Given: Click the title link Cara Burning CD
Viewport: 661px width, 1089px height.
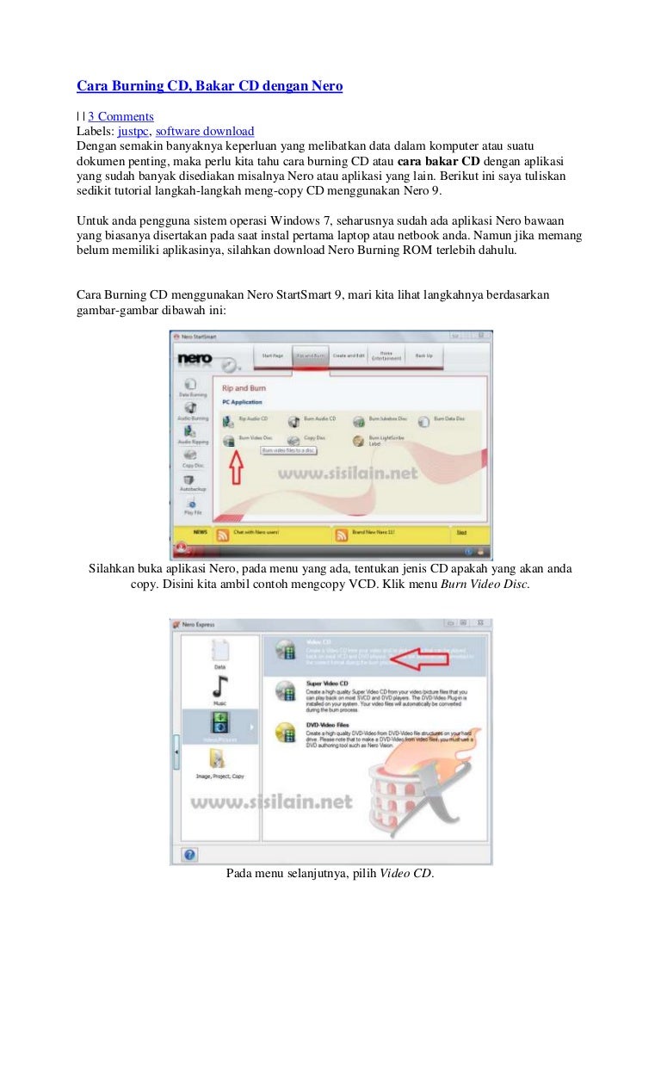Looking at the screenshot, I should pos(209,86).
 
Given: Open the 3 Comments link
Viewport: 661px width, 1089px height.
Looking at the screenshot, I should pos(120,116).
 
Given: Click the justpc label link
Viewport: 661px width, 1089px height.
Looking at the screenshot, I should pos(133,131).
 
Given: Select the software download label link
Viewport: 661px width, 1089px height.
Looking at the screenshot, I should pos(205,131).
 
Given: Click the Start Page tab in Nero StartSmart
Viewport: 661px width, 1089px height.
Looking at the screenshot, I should pos(272,355).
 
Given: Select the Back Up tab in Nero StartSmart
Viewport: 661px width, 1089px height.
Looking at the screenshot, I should pos(424,355).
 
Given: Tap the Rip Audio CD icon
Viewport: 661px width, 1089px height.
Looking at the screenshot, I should pos(228,421).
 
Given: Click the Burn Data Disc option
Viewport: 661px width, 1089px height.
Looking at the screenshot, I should pos(424,421).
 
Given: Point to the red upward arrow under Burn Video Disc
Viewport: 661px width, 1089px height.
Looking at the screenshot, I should pos(235,468).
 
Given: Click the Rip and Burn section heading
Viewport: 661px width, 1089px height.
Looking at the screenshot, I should pos(245,388).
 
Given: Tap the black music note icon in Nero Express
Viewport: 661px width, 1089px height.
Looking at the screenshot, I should pos(219,687).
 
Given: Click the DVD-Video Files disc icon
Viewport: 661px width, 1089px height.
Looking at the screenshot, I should pos(284,733).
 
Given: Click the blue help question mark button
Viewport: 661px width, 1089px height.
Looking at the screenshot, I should pos(190,854).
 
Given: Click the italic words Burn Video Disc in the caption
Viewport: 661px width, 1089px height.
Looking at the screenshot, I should pos(485,584).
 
